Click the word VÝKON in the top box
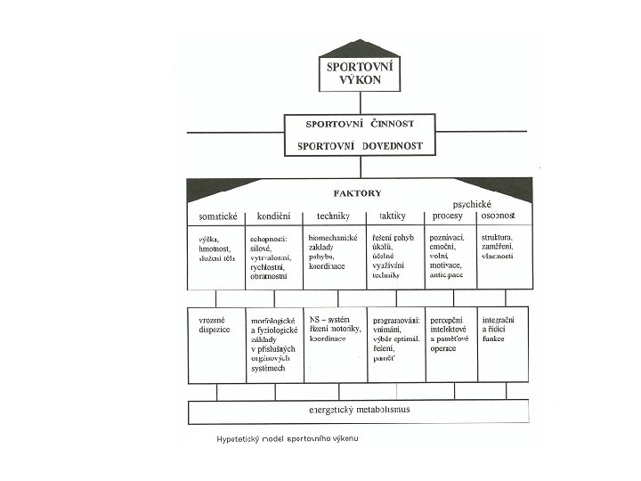tap(360, 80)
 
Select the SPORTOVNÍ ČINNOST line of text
tap(360, 125)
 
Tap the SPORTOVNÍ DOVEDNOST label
tap(360, 144)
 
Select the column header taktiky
tap(392, 216)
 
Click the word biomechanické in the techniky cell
tap(332, 239)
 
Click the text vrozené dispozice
tap(215, 324)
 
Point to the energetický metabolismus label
tap(359, 411)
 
